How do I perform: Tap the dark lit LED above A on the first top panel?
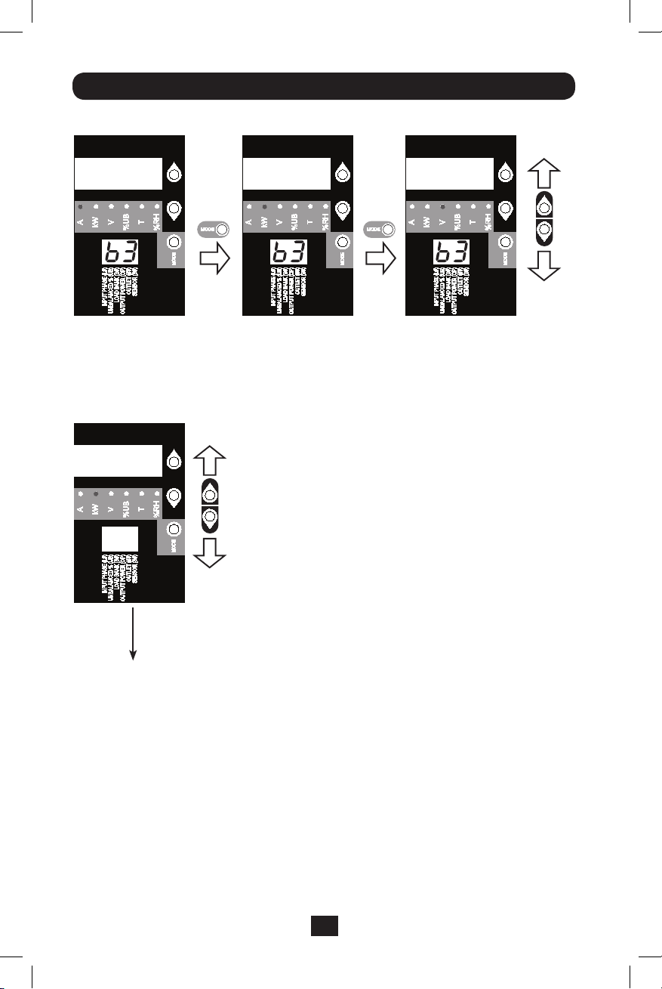(81, 206)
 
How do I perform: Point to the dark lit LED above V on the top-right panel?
(443, 206)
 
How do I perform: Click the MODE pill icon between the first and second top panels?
(213, 230)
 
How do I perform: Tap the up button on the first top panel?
(174, 174)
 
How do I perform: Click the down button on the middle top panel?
(342, 208)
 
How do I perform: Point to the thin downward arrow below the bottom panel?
(134, 635)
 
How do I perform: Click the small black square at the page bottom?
(325, 926)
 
